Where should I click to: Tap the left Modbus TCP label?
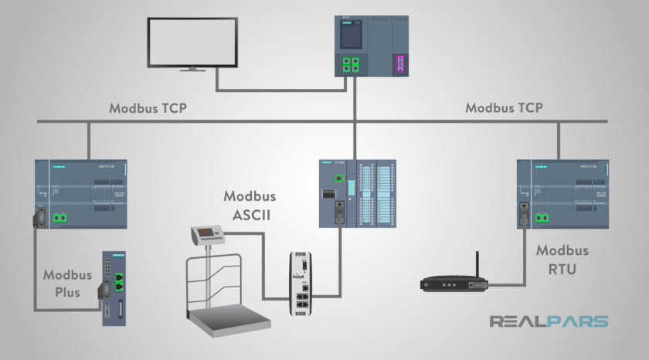click(148, 108)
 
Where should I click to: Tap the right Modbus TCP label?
click(504, 108)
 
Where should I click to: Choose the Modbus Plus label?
click(67, 283)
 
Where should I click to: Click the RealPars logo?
click(549, 321)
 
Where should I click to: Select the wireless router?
click(455, 284)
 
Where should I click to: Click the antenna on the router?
click(476, 263)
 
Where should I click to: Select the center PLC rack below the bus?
click(357, 194)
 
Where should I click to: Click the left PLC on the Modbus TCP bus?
click(81, 194)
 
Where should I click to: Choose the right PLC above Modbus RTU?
click(562, 194)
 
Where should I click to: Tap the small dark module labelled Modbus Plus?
click(114, 287)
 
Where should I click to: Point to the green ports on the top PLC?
click(351, 63)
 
